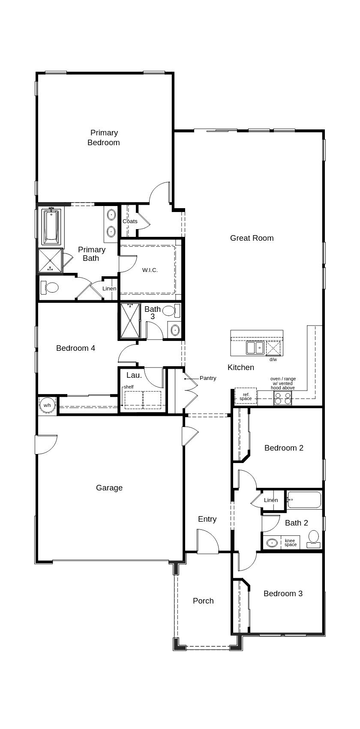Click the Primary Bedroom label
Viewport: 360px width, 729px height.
tap(104, 137)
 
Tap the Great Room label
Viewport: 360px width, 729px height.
tap(252, 238)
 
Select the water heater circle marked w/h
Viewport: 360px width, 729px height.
tap(47, 405)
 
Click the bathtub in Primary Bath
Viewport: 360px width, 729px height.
tap(51, 226)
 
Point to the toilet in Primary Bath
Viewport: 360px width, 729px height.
tap(51, 287)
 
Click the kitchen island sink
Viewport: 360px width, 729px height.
tap(255, 347)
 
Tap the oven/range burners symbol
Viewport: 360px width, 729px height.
tap(282, 399)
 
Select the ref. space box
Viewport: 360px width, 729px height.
tap(246, 396)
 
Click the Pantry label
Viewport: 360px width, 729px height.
tap(208, 378)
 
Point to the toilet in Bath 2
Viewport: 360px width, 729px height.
tap(314, 538)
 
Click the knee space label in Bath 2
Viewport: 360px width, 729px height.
tap(290, 543)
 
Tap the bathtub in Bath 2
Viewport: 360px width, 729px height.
tap(304, 499)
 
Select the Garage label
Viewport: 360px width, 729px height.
tap(109, 488)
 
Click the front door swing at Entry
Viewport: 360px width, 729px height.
tap(207, 541)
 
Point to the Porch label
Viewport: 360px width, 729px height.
tap(203, 601)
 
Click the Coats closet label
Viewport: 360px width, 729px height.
tap(130, 221)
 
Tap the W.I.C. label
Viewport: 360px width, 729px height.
tap(150, 270)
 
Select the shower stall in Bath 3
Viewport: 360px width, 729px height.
tap(130, 320)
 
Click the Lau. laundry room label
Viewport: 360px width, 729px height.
tap(134, 375)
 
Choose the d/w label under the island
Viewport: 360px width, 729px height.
tap(273, 359)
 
